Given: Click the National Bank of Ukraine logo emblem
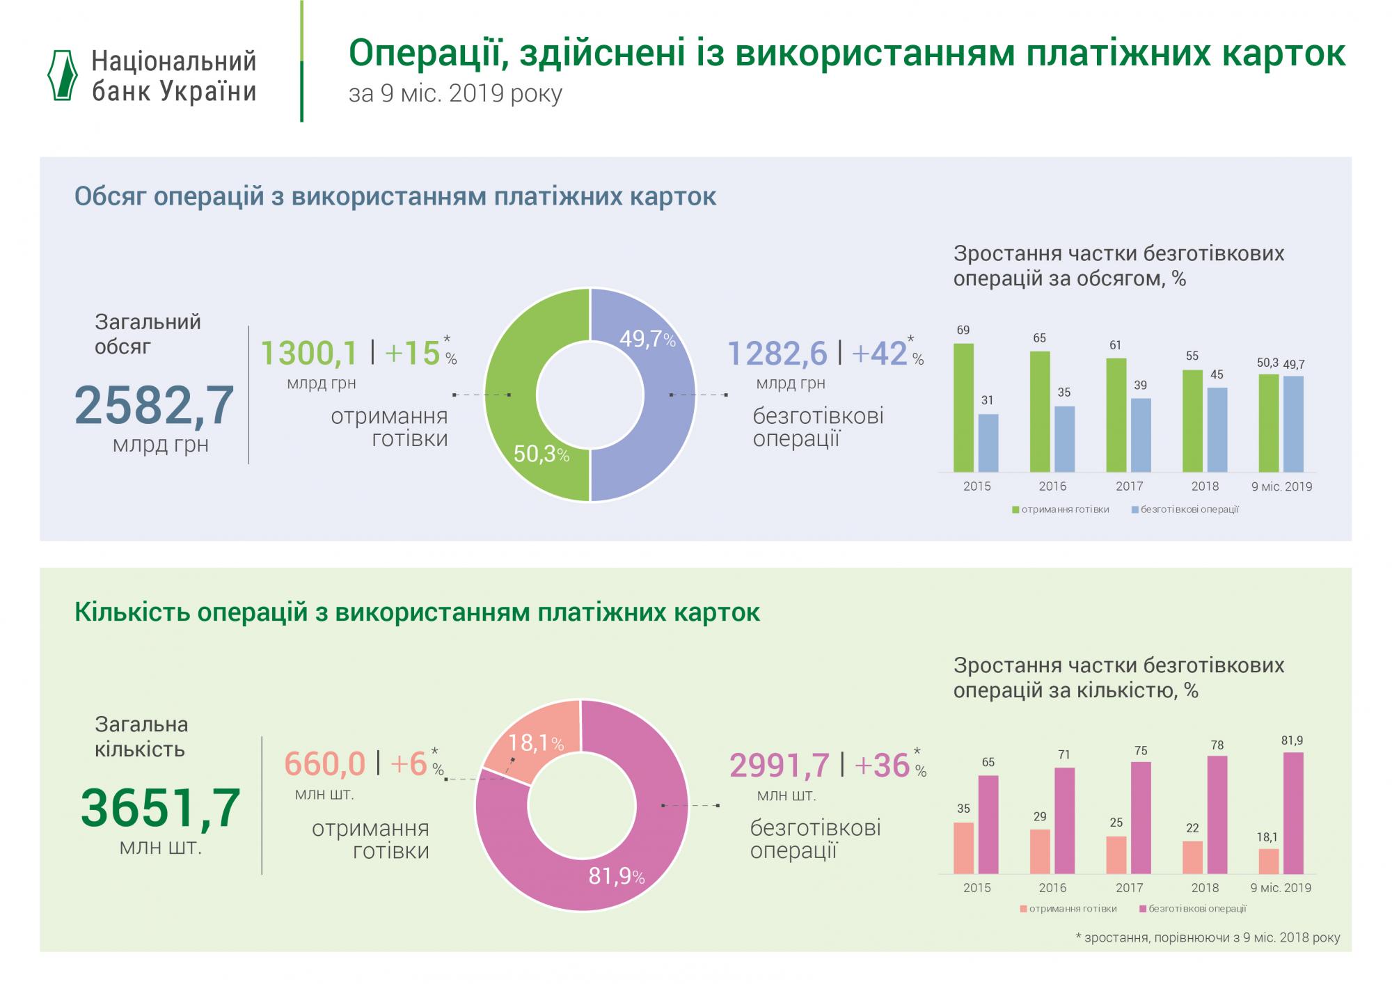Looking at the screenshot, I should coord(62,76).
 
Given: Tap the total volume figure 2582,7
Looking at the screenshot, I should coord(154,405).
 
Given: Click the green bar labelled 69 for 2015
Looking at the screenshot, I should coord(963,408).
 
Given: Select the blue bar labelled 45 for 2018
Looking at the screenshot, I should coord(1217,430).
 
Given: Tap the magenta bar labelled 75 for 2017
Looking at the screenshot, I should coord(1141,817).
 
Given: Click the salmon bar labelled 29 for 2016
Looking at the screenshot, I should coord(1040,851).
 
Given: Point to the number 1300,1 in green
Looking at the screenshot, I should coord(309,353).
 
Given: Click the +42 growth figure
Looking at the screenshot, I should coord(880,353).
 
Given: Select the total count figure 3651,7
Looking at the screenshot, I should coord(160,808).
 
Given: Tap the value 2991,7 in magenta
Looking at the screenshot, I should coord(780,765).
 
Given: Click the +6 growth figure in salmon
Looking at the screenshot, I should coord(409,764).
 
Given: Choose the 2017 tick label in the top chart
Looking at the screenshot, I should coord(1129,486).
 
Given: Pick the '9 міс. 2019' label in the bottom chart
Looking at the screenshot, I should coord(1281,888).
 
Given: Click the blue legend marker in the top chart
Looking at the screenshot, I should coord(1134,509).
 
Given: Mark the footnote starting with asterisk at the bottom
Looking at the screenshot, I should coord(1208,937).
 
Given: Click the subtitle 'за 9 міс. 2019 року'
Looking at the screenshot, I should coord(455,93).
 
